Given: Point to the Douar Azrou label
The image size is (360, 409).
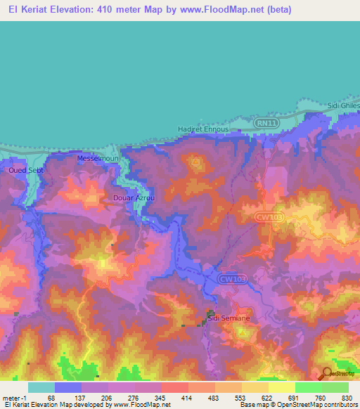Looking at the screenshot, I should [134, 198].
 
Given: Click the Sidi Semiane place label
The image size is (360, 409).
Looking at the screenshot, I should [230, 319].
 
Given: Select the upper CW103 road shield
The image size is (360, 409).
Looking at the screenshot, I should [269, 218].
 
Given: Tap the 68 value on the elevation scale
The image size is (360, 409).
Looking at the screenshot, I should [51, 398].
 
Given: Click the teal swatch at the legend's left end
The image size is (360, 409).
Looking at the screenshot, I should [41, 387].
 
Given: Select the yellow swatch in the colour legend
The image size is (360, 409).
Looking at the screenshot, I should [281, 387].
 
